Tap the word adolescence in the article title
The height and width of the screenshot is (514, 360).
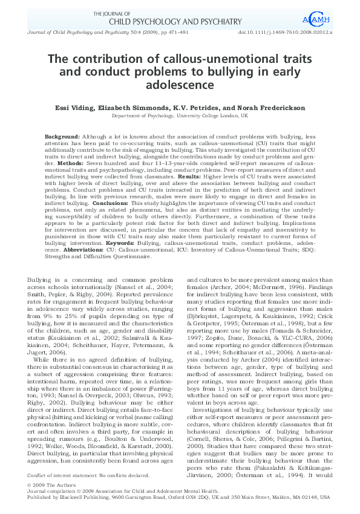tap(180, 87)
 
